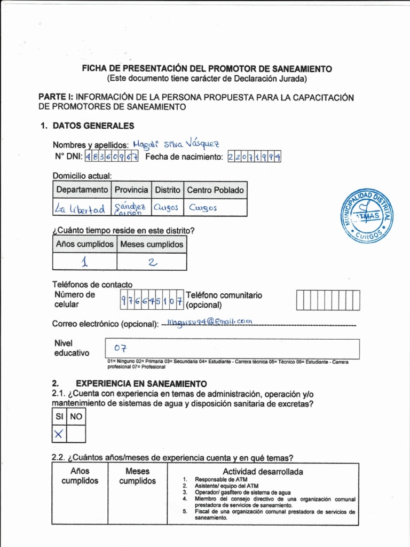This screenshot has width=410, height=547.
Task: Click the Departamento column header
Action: click(82, 190)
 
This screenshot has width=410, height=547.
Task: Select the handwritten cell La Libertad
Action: click(80, 209)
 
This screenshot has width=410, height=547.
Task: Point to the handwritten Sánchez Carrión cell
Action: click(130, 208)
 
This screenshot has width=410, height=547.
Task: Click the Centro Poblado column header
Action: click(215, 190)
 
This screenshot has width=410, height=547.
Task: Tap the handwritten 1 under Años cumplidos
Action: click(84, 262)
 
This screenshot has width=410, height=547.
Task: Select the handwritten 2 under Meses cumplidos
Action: click(151, 262)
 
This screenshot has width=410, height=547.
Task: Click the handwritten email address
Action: click(209, 321)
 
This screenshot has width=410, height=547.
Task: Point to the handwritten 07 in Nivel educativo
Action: click(120, 349)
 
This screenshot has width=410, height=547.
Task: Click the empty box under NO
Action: click(77, 434)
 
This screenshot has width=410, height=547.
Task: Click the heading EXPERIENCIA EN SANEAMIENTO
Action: click(141, 384)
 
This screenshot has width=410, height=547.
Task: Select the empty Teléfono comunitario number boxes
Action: click(328, 300)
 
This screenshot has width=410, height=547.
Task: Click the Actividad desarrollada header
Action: click(263, 472)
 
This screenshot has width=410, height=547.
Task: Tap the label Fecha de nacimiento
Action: click(184, 157)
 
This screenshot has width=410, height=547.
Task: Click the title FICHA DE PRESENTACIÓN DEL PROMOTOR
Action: click(207, 69)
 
